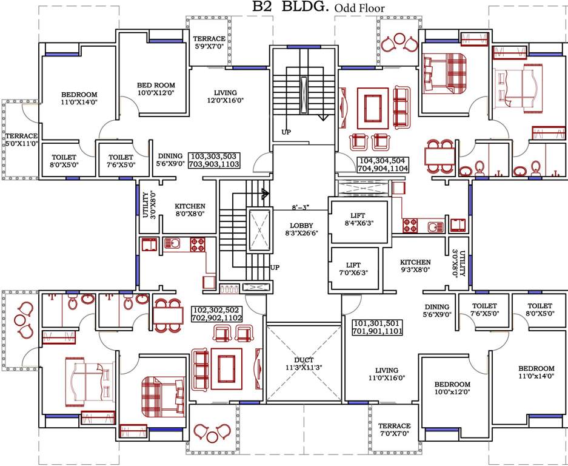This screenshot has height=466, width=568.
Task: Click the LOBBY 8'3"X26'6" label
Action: (x=301, y=229)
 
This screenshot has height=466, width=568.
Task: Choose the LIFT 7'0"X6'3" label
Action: (x=353, y=269)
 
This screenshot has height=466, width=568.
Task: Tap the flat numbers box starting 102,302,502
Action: (x=217, y=314)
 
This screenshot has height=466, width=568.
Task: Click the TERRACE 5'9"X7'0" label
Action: (x=209, y=42)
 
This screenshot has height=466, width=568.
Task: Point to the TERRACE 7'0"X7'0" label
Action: (x=394, y=430)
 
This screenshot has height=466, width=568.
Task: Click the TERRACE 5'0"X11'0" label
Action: (x=21, y=140)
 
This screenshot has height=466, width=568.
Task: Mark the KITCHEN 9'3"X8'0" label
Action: (x=415, y=266)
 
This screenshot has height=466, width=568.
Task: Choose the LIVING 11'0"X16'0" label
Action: (x=386, y=374)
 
